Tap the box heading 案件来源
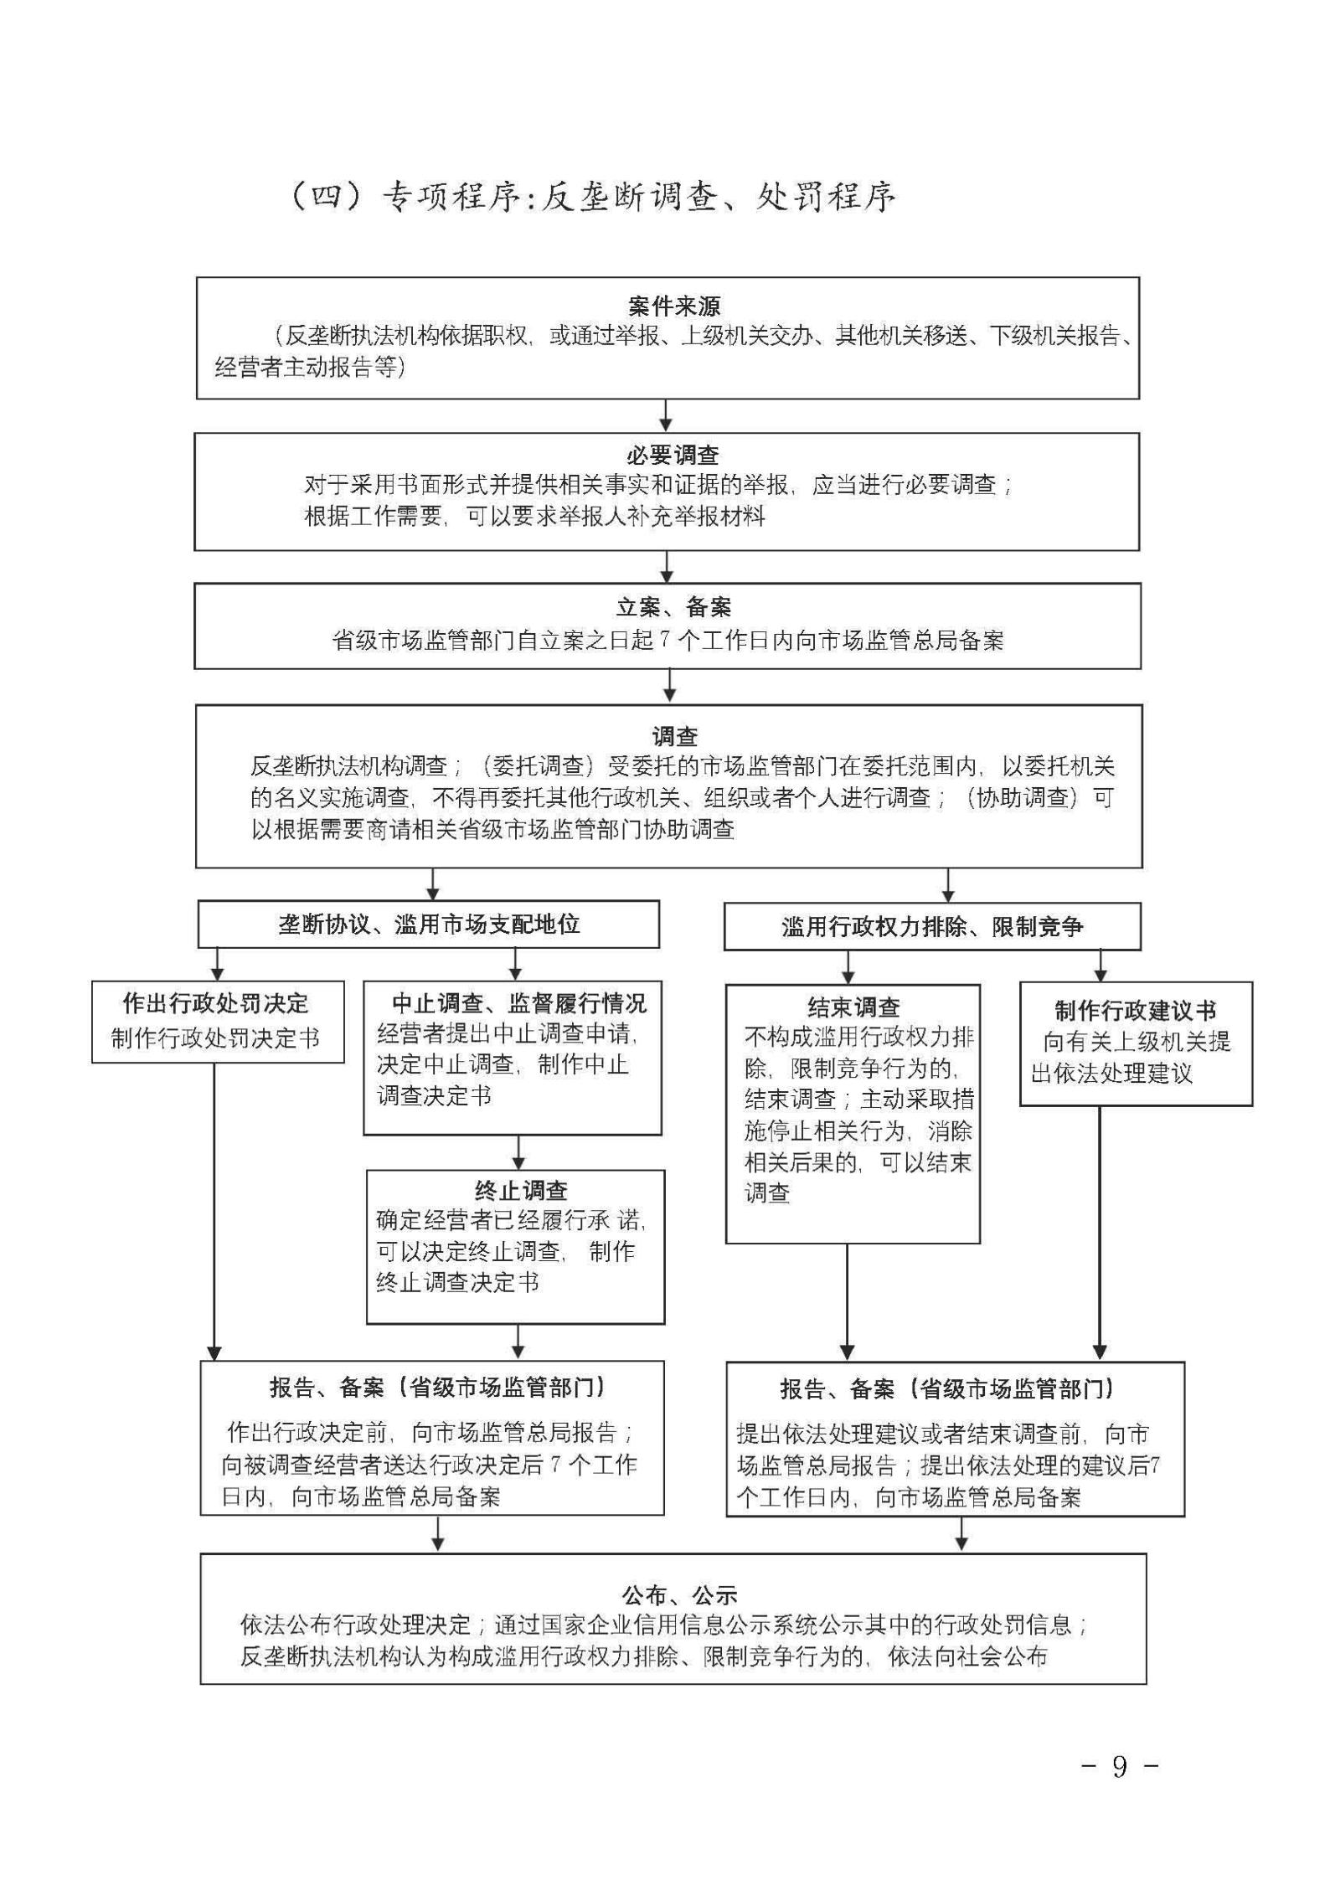673,306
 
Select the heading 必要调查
673,456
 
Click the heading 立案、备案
673,607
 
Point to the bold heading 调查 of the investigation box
674,737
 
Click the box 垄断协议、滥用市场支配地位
429,925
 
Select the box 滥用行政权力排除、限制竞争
932,927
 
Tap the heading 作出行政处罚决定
216,1003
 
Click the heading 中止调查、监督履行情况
519,1003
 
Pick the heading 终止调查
521,1191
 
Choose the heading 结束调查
853,1007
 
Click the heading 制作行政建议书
1135,1011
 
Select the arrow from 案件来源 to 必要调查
666,415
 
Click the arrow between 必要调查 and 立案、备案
667,566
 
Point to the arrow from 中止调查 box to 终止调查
518,1152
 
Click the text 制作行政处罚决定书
216,1038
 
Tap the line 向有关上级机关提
1137,1042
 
